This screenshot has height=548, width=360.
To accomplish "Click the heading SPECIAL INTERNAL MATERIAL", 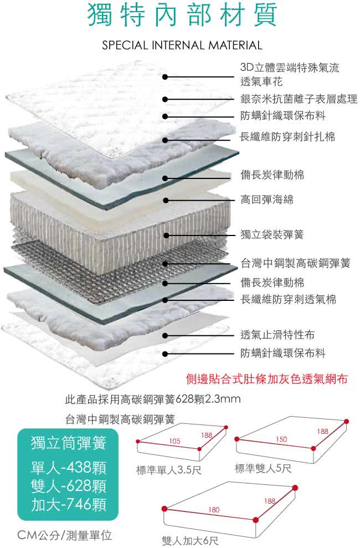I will [x=182, y=45].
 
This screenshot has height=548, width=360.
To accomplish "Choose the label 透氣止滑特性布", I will [x=277, y=335].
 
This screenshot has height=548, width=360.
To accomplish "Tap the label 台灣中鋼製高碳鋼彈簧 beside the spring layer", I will [x=295, y=263].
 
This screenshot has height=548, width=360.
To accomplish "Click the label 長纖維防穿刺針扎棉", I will [x=287, y=136].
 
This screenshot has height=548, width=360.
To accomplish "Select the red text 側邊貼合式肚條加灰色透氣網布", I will [x=267, y=380].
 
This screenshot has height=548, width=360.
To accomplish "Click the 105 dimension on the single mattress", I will [x=175, y=441].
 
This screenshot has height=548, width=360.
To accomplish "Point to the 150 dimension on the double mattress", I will [x=281, y=439].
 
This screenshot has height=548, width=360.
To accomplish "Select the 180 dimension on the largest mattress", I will [x=214, y=509].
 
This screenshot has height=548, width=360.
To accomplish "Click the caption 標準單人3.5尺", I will [x=169, y=471].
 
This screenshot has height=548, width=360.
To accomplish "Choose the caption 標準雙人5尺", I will [x=263, y=469].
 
